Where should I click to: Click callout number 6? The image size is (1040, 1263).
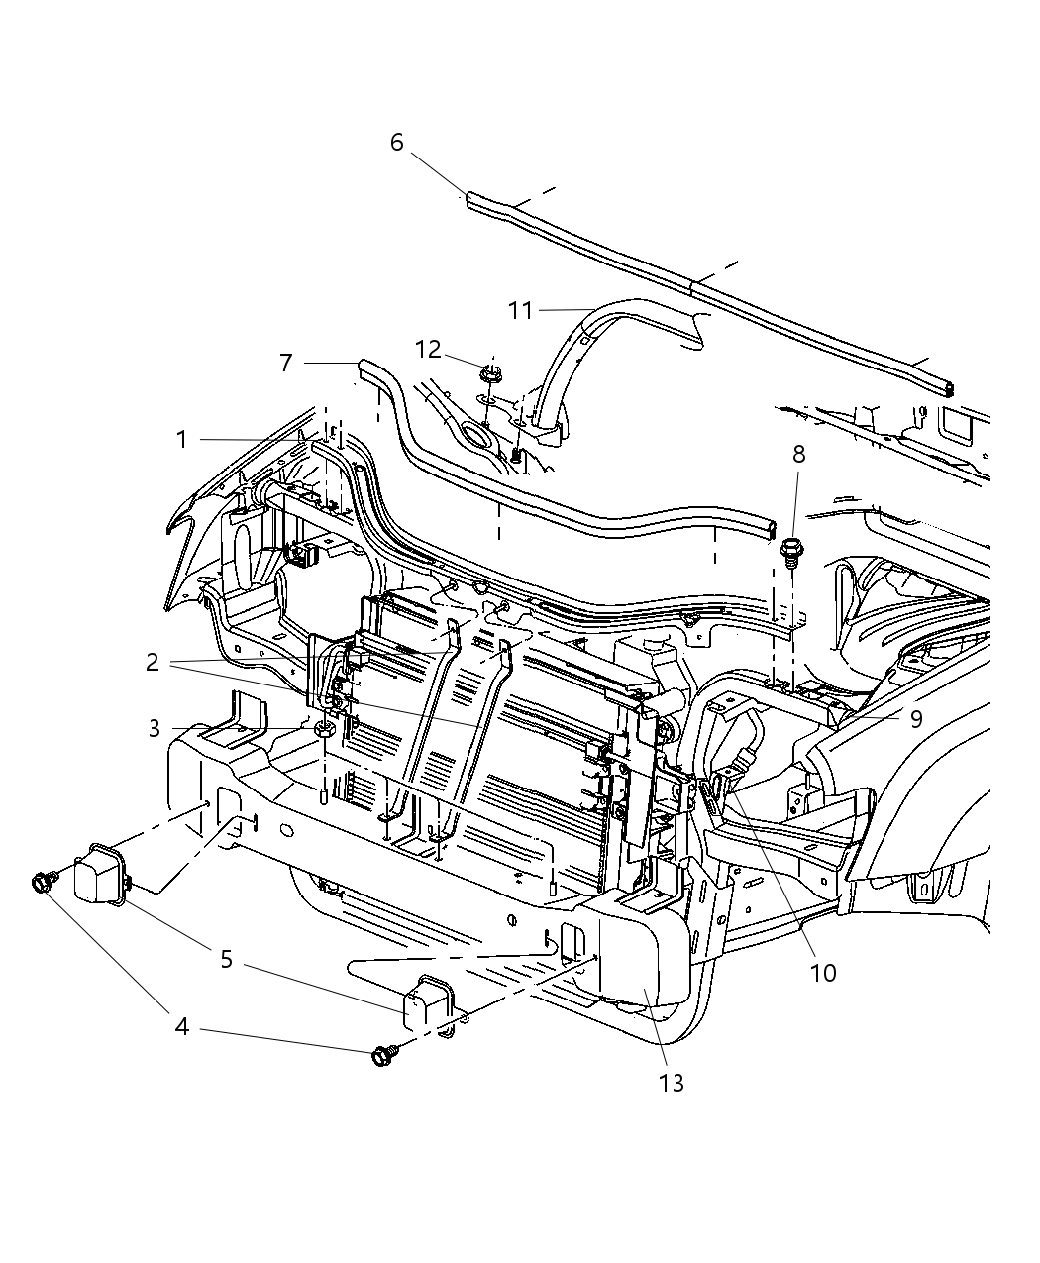396,143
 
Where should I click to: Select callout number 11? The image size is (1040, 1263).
520,311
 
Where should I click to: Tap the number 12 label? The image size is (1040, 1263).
428,350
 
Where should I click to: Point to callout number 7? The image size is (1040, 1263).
286,364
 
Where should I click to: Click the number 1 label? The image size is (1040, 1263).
182,439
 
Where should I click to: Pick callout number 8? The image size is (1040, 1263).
798,455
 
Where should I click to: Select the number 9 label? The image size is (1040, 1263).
916,718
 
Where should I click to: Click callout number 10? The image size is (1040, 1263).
823,973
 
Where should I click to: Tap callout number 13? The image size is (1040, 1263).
672,1083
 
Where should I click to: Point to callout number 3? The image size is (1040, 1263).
155,729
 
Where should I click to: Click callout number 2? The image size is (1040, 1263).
152,663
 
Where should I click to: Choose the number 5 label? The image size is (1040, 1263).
226,959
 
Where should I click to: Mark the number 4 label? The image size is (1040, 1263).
181,1027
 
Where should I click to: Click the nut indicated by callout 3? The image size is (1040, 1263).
324,731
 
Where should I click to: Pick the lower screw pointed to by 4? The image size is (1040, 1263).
381,1057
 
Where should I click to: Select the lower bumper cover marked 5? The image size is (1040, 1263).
425,1005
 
